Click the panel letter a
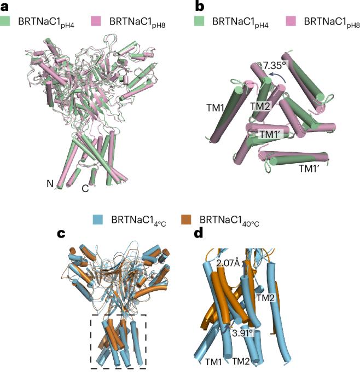tap(4, 7)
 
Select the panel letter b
tap(200, 6)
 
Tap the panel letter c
tap(61, 233)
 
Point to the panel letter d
tap(199, 233)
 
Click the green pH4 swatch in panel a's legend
tap(5, 21)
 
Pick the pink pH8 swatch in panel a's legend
tap(96, 21)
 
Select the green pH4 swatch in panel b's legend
tap(199, 21)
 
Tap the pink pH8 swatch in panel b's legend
tap(291, 21)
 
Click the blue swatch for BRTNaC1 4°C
tap(98, 220)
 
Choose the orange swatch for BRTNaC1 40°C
tap(186, 220)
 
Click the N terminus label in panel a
tap(50, 184)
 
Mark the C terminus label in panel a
tap(85, 188)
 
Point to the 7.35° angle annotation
tap(274, 65)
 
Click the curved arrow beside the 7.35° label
tap(277, 75)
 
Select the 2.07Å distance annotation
tap(228, 263)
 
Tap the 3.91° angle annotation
tap(242, 333)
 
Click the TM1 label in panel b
tap(215, 108)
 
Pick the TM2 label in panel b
tap(260, 106)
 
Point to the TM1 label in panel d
tap(213, 362)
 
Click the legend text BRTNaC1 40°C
tap(229, 221)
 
